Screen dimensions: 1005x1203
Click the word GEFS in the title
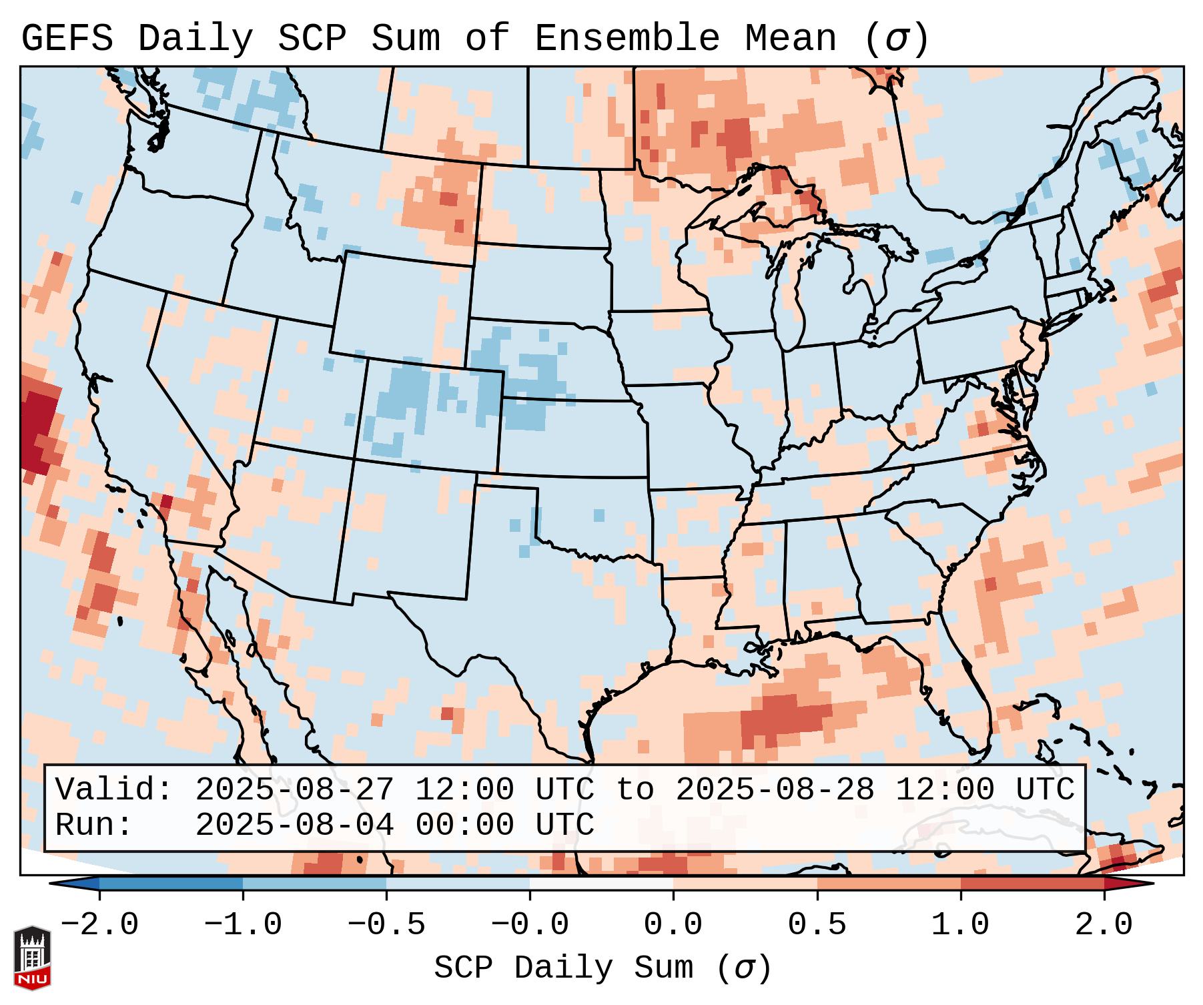67,39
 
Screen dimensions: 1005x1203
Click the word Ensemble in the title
627,39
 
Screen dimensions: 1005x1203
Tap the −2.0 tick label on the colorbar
99,925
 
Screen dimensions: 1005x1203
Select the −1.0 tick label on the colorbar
243,925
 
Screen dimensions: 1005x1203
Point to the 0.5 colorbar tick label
817,925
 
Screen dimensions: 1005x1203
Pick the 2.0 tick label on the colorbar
1104,925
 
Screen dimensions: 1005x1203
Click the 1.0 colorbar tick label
960,925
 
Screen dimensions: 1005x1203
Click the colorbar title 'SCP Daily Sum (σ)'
602,968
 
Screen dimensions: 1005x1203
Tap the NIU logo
32,958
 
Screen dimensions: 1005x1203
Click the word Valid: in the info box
113,790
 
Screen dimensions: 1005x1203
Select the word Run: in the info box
93,825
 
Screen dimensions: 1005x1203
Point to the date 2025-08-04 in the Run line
294,825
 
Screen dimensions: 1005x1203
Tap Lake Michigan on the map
791,287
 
